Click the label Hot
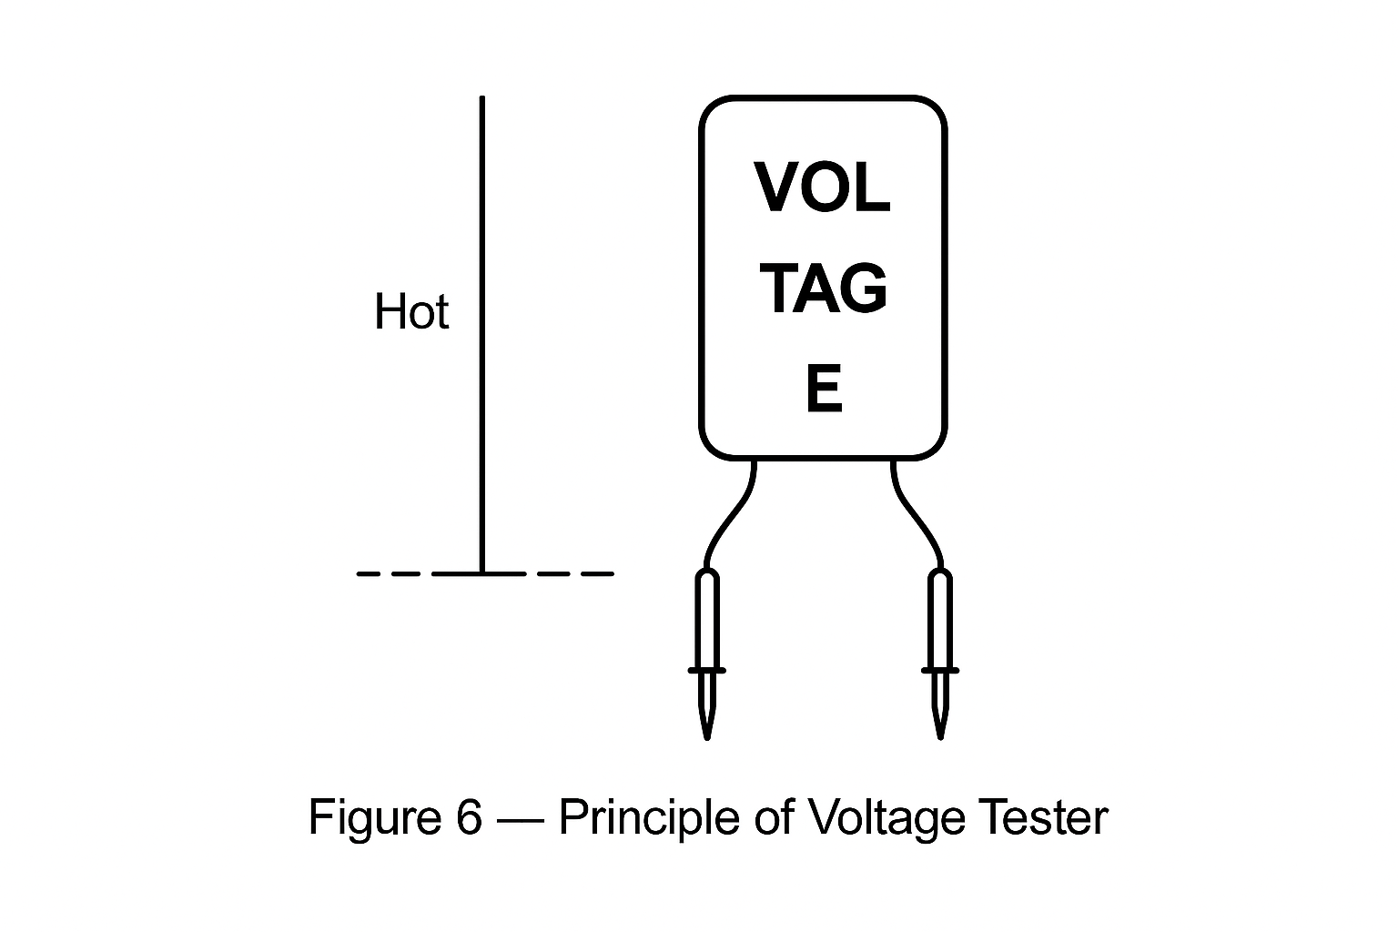[x=411, y=312]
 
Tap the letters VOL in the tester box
[x=823, y=188]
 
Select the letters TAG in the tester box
[x=823, y=289]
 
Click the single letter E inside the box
[x=824, y=389]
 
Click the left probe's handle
[x=707, y=619]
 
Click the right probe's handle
[x=940, y=619]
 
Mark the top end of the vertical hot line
[x=481, y=98]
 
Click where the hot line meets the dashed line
[x=481, y=573]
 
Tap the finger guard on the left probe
[x=707, y=671]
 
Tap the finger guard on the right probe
[x=940, y=671]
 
